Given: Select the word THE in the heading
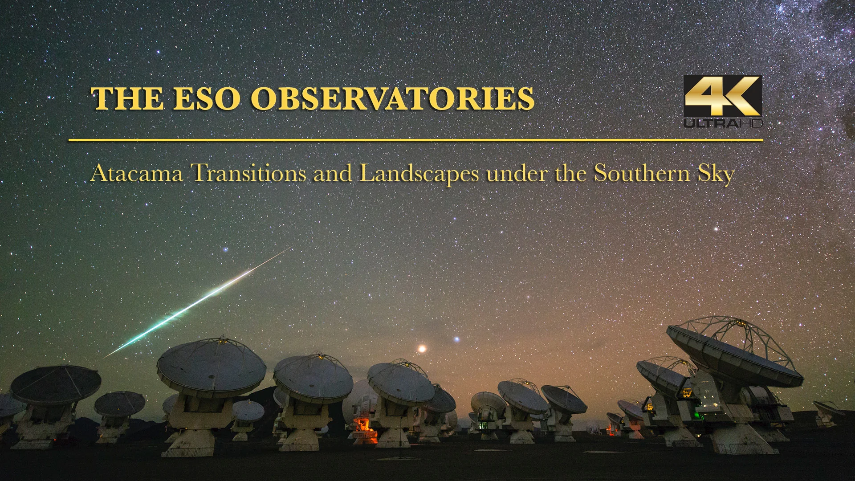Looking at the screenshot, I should point(127,98).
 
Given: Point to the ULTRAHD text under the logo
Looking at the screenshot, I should point(723,123).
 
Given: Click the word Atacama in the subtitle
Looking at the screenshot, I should point(137,173).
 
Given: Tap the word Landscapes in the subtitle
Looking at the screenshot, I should point(419,174).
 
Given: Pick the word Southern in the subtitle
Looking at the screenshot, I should point(641,173).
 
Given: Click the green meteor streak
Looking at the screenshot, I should point(196,303).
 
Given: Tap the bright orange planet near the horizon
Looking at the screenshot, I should point(421,348).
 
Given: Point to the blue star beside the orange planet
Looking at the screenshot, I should point(456,339).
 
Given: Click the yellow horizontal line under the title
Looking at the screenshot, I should point(415,140).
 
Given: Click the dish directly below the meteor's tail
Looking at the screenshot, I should point(212,367).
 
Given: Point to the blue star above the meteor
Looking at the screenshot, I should point(225,249).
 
